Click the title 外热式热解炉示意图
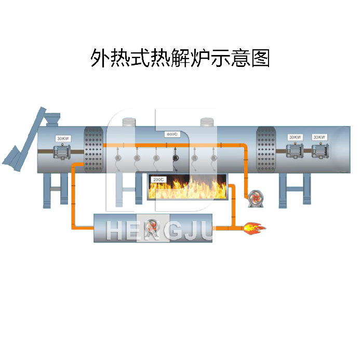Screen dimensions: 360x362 [180, 58]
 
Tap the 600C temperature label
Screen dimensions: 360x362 [172, 134]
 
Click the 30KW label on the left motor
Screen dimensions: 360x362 [63, 139]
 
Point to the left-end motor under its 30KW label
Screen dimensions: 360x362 [63, 153]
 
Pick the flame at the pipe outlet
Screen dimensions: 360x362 [254, 227]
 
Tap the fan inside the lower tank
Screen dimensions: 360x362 [151, 226]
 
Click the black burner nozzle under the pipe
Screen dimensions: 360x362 [175, 156]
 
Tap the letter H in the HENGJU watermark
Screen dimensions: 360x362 [116, 231]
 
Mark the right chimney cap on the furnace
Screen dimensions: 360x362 [208, 122]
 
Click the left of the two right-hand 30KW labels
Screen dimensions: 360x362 [295, 137]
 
